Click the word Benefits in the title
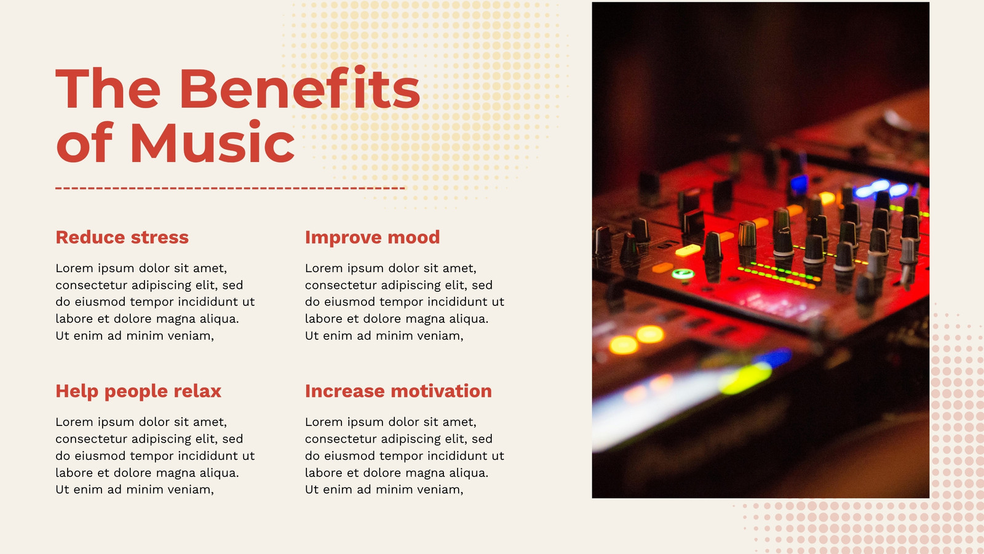[x=300, y=88]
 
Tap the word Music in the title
[x=212, y=143]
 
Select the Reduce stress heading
[x=122, y=238]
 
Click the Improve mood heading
[x=372, y=238]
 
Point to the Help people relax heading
[x=138, y=391]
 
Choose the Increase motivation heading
[x=399, y=391]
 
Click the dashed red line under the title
[x=230, y=188]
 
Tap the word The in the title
[x=108, y=88]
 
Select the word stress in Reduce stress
[x=160, y=238]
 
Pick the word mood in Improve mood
[x=413, y=238]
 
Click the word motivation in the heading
[x=442, y=391]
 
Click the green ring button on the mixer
[x=683, y=275]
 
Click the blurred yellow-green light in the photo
[x=745, y=378]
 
